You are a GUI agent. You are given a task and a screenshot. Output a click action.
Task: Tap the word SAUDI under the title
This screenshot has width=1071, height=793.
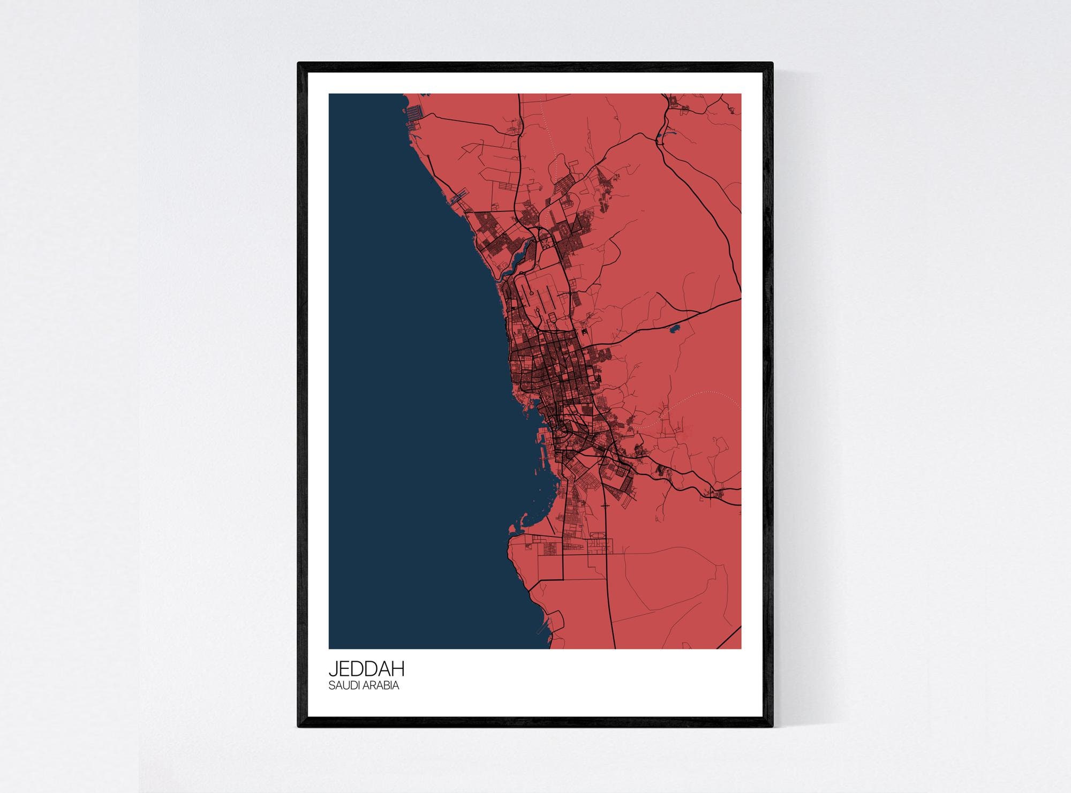[x=342, y=685]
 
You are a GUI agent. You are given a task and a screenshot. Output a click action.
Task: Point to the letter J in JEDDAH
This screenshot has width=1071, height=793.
[x=333, y=669]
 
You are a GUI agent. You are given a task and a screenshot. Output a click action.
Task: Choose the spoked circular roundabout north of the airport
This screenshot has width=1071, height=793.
[x=546, y=243]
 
